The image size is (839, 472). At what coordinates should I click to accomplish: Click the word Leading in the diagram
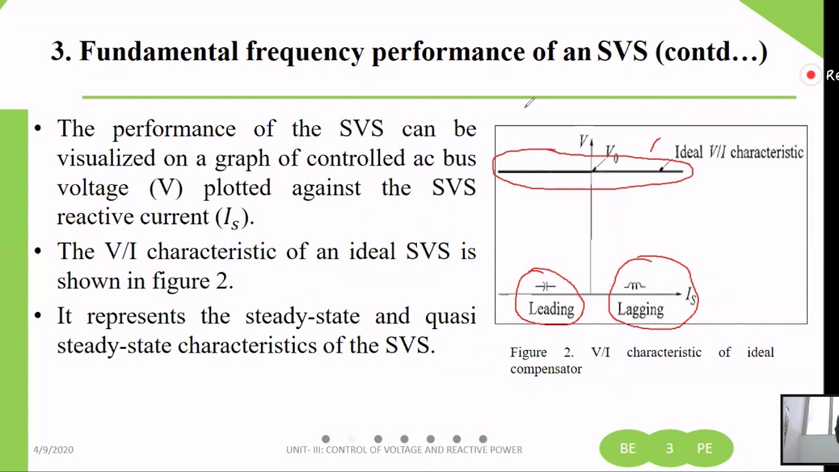[551, 309]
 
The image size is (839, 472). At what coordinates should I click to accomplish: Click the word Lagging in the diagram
[640, 309]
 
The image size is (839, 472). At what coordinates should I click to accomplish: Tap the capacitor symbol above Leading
[545, 286]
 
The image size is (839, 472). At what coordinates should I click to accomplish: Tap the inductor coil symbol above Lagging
[634, 286]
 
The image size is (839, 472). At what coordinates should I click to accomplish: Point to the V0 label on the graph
[612, 154]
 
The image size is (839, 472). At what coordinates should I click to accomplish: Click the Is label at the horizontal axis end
[691, 296]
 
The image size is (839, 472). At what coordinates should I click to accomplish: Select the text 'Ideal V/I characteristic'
[739, 153]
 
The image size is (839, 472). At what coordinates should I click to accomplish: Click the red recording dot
[811, 75]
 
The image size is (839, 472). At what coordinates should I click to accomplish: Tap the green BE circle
[627, 448]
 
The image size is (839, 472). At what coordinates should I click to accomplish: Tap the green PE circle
[705, 448]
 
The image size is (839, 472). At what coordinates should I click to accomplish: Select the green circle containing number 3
[669, 448]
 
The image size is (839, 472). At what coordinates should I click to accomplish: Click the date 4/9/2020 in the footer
[54, 450]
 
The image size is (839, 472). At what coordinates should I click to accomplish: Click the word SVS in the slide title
[622, 52]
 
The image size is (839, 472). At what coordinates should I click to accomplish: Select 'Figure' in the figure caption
[528, 353]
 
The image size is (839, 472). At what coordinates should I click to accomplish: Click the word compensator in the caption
[546, 369]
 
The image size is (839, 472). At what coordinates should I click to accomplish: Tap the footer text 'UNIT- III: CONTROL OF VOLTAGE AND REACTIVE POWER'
[404, 450]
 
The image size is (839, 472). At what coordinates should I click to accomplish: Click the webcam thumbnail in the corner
[810, 429]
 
